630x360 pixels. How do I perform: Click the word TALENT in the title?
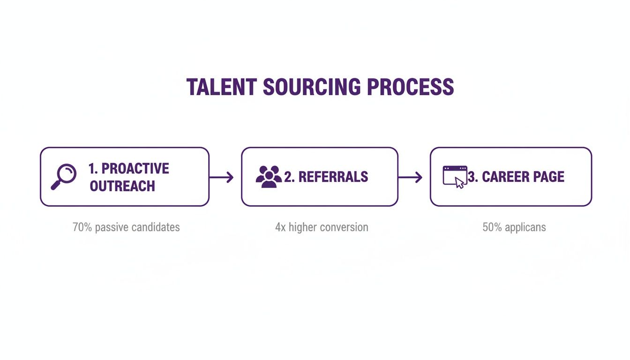(222, 87)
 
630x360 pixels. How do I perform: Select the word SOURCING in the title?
(312, 87)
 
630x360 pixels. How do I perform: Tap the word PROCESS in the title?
(410, 87)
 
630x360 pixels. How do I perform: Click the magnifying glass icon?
(64, 177)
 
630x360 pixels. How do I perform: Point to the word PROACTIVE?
(135, 168)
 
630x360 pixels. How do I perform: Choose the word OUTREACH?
(122, 186)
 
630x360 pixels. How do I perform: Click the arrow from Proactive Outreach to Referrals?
(221, 177)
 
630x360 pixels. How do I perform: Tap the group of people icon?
(269, 177)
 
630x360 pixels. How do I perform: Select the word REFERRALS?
(333, 177)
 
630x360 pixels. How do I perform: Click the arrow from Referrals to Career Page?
(410, 177)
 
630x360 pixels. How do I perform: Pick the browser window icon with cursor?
(455, 177)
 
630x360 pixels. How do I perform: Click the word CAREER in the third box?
(504, 177)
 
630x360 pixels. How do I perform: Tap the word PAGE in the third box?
(547, 177)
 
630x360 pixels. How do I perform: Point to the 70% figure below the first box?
(82, 227)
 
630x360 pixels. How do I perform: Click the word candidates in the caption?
(156, 227)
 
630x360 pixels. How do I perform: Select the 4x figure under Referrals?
(280, 227)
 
